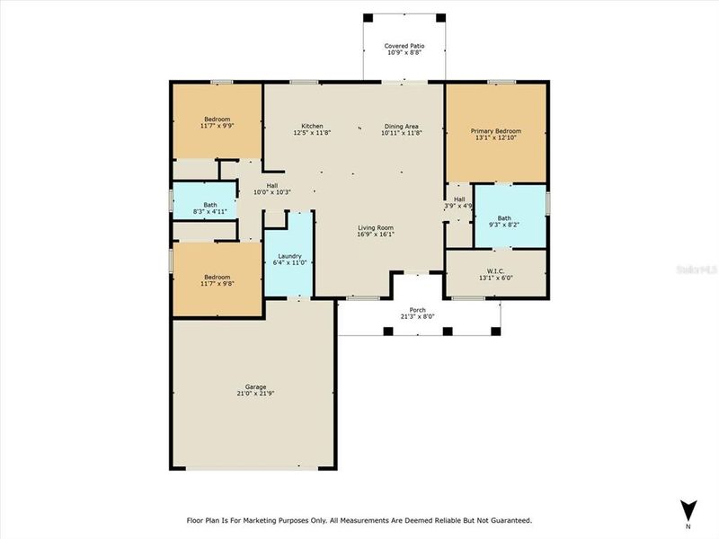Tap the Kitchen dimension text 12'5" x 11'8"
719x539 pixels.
coord(312,133)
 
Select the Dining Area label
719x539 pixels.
coord(401,126)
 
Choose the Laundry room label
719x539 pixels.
coord(288,255)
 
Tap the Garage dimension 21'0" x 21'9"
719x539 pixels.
coord(253,393)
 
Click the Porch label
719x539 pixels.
coord(417,309)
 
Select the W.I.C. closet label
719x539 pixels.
coord(496,270)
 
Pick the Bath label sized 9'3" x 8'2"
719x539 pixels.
coord(504,217)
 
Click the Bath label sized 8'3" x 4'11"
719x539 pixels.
coord(210,204)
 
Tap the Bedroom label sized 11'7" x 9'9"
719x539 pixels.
coord(217,119)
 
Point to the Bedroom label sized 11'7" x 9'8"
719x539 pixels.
coord(217,277)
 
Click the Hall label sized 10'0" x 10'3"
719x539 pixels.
coord(271,185)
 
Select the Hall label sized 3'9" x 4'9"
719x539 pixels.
coord(459,199)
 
